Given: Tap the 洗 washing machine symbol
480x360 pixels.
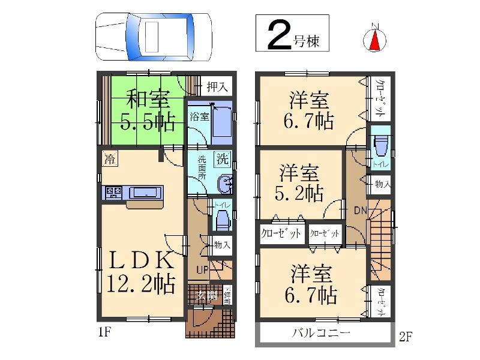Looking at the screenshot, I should (222, 160).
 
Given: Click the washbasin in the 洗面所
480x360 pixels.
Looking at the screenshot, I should (223, 184).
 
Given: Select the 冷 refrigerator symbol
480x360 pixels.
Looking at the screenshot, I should (110, 159).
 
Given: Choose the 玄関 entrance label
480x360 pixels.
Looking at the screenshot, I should (205, 295).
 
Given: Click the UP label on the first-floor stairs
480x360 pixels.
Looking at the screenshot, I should (202, 270).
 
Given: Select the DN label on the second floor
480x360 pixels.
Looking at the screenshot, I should (359, 210).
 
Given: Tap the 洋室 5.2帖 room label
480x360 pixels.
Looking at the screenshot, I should (300, 183).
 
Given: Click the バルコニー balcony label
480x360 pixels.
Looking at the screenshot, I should (318, 334).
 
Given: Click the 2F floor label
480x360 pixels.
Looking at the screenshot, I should (406, 337).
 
